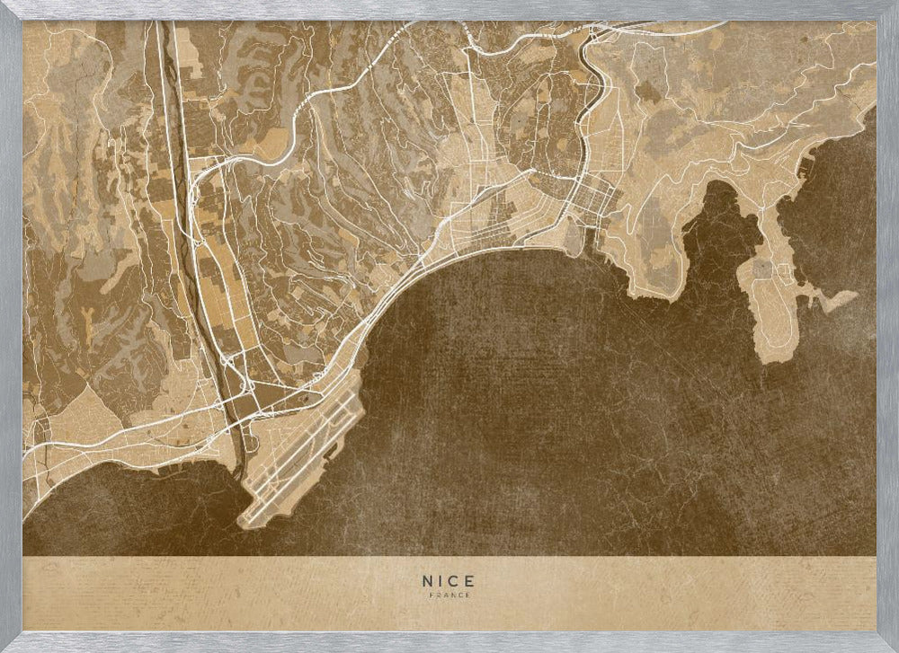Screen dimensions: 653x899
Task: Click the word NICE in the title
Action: (449, 581)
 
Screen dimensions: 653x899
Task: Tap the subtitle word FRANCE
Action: (449, 595)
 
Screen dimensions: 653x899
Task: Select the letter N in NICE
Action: (427, 581)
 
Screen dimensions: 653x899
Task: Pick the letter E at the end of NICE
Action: (470, 581)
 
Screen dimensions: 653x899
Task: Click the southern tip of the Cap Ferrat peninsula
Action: (770, 357)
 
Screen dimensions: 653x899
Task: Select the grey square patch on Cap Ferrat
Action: (762, 268)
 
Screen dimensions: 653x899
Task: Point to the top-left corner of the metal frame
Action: (4, 4)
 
